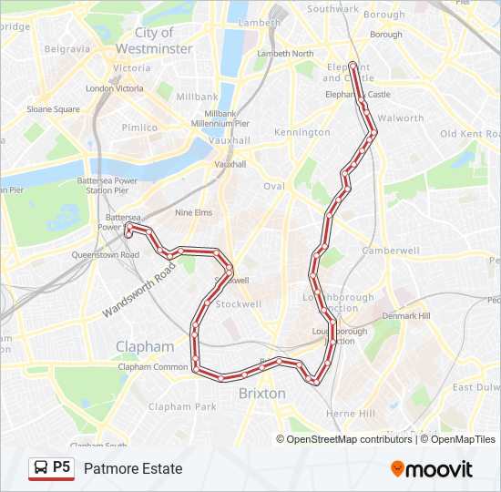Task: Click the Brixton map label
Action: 262,394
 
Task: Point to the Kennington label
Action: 302,133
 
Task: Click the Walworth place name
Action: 401,118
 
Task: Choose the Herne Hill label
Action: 351,414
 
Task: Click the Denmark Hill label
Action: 404,316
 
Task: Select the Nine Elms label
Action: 193,213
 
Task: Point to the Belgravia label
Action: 67,49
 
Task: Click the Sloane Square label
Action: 53,109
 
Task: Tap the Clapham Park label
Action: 182,407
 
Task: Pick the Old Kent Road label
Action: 466,134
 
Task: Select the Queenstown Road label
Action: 107,255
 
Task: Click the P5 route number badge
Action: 52,468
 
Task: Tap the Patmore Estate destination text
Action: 133,469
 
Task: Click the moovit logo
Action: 432,469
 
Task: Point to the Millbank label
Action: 197,97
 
